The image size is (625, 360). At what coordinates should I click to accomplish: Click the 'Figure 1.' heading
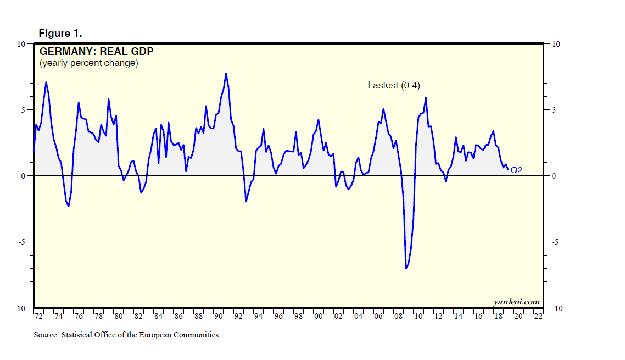click(60, 34)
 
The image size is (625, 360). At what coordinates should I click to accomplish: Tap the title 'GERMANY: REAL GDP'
click(96, 52)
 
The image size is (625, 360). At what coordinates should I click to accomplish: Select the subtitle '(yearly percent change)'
click(88, 63)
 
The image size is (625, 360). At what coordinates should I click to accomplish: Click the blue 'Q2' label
click(516, 170)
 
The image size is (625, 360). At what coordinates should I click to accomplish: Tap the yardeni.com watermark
click(516, 302)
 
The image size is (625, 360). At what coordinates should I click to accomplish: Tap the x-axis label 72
click(39, 317)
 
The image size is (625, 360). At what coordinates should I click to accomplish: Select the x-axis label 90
click(218, 317)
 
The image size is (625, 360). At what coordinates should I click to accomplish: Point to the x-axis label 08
click(398, 317)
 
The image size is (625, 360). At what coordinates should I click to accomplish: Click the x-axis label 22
click(538, 317)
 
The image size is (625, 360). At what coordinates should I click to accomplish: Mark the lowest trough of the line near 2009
click(406, 268)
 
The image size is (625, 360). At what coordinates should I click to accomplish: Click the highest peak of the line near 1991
click(226, 73)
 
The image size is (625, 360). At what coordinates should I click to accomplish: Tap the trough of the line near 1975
click(69, 207)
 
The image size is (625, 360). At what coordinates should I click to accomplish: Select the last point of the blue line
click(507, 170)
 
